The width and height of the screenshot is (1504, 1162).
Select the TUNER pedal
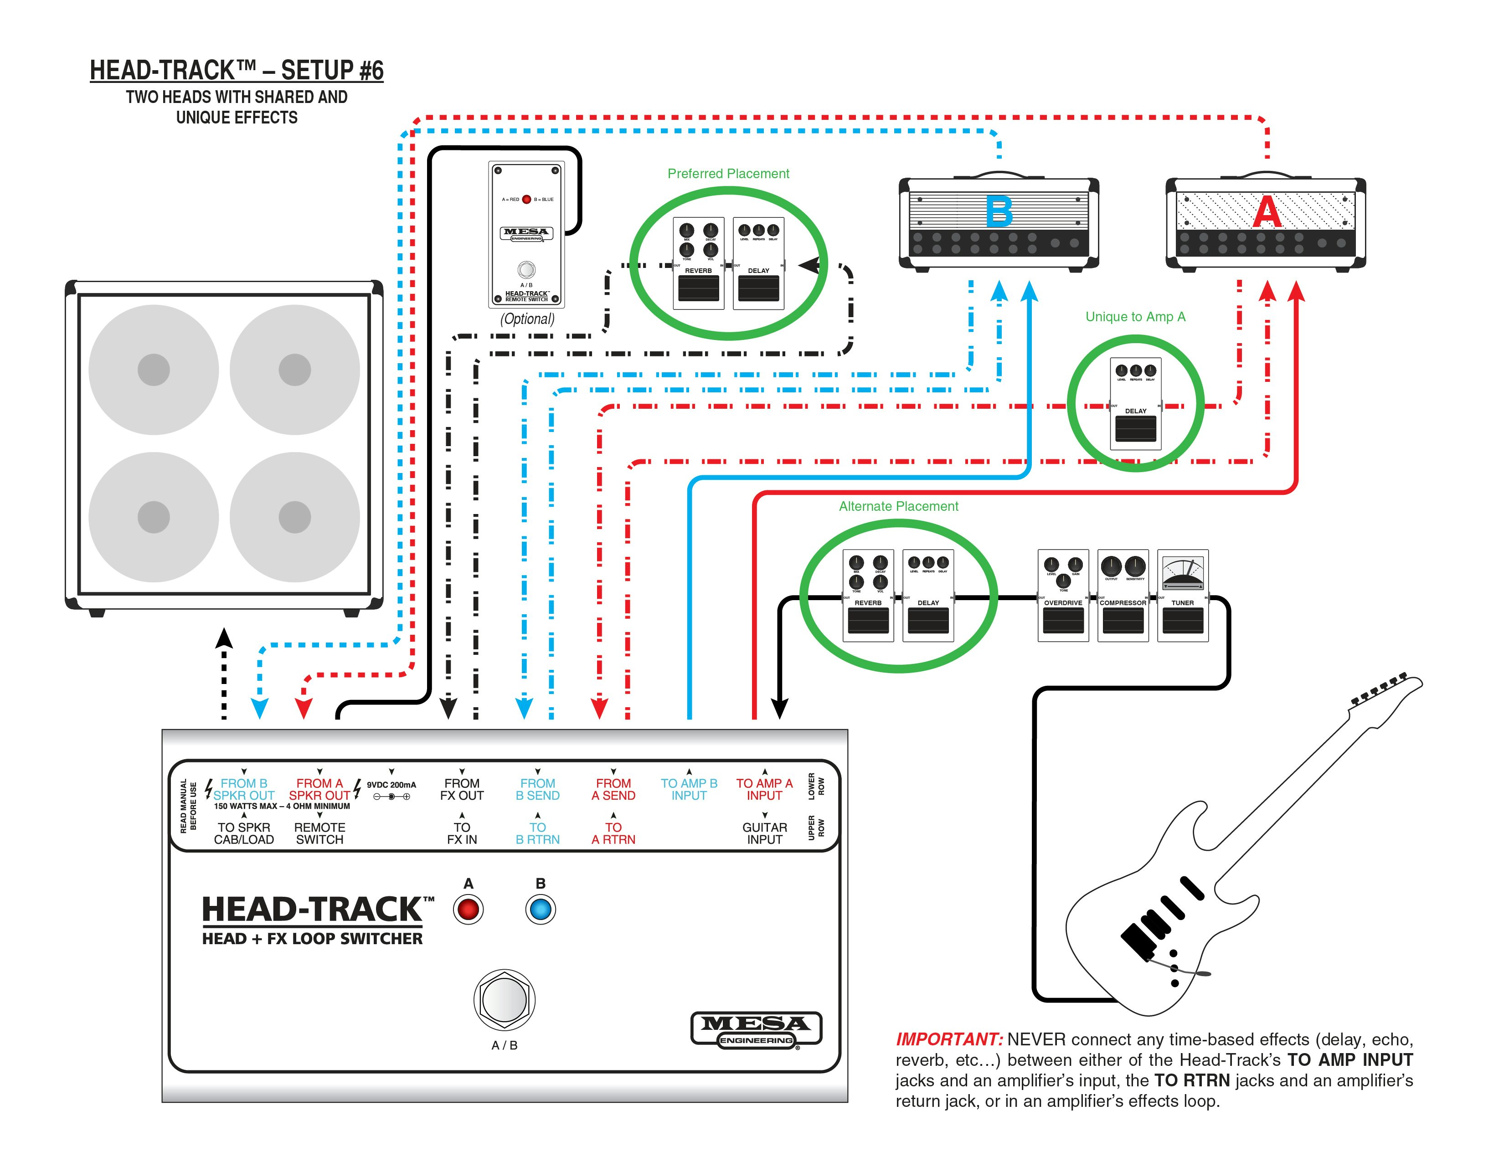tap(1182, 596)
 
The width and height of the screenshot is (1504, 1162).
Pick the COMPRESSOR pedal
tap(1123, 596)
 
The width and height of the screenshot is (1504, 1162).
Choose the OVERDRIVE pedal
tap(1062, 596)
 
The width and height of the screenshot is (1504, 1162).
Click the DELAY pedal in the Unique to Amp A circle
tap(1136, 404)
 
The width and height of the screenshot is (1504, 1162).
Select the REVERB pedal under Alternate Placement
tap(868, 596)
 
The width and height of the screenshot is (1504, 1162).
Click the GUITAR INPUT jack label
tap(764, 833)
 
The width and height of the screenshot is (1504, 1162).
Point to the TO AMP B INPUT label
tap(689, 789)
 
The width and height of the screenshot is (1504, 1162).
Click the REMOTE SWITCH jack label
tap(319, 833)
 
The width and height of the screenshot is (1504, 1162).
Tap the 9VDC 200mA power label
tap(391, 785)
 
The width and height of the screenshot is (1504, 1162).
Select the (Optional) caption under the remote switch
tap(527, 319)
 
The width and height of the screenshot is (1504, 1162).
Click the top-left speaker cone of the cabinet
tap(154, 370)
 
